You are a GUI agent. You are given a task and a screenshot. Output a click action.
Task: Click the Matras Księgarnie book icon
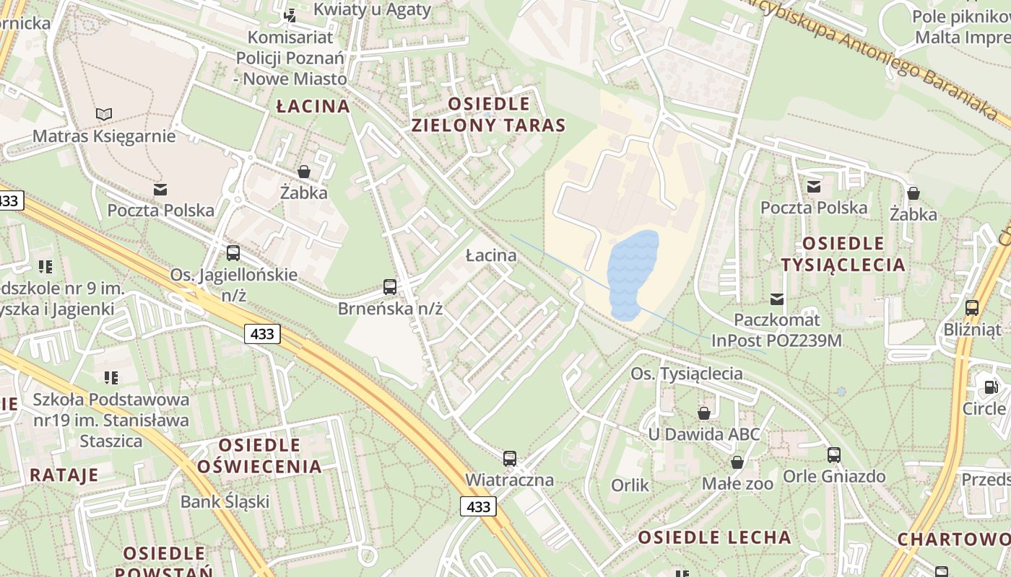(104, 114)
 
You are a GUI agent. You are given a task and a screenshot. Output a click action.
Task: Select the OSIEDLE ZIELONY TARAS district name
(488, 114)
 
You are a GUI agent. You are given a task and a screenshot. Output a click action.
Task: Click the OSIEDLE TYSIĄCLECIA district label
(843, 254)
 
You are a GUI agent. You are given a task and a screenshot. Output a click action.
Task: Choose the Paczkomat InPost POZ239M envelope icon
(777, 299)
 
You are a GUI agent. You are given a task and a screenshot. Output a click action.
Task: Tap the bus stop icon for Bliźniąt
(972, 308)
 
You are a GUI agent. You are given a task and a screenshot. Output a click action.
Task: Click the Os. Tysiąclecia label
(686, 373)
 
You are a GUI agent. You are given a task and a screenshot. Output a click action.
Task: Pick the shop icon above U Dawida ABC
(703, 413)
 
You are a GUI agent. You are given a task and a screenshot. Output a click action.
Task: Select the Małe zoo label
(737, 483)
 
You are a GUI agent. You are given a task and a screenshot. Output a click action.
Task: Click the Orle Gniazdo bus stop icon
(834, 455)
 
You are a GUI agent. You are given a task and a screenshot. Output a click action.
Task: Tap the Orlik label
(630, 485)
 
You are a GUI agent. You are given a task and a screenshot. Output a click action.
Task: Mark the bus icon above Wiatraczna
(510, 458)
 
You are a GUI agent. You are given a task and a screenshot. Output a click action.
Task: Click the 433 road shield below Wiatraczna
(478, 506)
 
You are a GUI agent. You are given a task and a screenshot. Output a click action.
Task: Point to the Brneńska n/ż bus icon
(390, 287)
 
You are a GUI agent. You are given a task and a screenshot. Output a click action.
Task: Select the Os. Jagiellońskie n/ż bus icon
(233, 253)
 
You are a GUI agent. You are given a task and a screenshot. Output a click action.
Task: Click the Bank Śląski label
(225, 501)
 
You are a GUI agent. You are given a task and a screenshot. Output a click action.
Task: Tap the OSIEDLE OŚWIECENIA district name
(259, 455)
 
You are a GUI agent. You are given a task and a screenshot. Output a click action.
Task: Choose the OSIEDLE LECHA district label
(714, 537)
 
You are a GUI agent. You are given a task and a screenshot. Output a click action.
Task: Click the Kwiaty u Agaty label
(372, 9)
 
